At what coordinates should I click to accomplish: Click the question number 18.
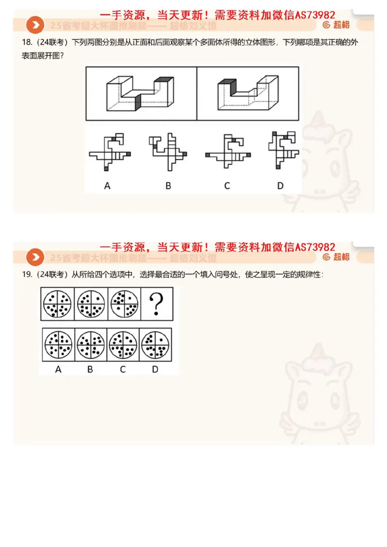click(26, 43)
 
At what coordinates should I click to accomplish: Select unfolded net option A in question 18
click(110, 151)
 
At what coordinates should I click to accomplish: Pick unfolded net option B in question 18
click(168, 151)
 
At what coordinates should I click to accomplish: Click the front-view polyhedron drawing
click(141, 93)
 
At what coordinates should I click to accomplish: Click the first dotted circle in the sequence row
click(57, 304)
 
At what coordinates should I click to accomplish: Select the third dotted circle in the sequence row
click(123, 304)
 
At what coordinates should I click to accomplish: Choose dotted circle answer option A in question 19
click(59, 345)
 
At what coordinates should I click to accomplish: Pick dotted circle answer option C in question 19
click(123, 345)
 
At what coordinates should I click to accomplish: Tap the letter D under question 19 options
click(155, 369)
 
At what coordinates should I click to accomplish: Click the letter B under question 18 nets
click(168, 186)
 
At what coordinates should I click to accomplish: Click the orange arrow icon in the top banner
click(35, 25)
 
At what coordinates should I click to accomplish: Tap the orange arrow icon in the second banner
click(35, 257)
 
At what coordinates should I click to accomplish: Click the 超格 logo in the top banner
click(337, 25)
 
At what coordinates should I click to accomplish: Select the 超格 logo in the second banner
click(337, 257)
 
